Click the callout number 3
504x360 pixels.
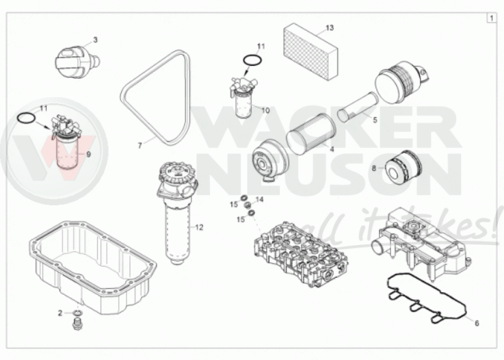pos(95,40)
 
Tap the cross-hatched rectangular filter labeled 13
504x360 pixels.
pos(311,51)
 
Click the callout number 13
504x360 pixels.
pos(330,27)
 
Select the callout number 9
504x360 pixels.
pos(88,154)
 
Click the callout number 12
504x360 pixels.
pos(199,227)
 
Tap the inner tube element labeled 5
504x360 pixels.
pos(357,107)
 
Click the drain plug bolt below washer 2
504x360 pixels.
pos(77,324)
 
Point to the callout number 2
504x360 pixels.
pos(60,313)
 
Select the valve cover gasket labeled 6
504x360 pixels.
pos(428,298)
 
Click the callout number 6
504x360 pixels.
pos(477,323)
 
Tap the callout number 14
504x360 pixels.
pos(259,200)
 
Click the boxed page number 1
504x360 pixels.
pos(491,18)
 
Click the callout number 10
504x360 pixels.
pos(265,110)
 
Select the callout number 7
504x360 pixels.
pos(140,146)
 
